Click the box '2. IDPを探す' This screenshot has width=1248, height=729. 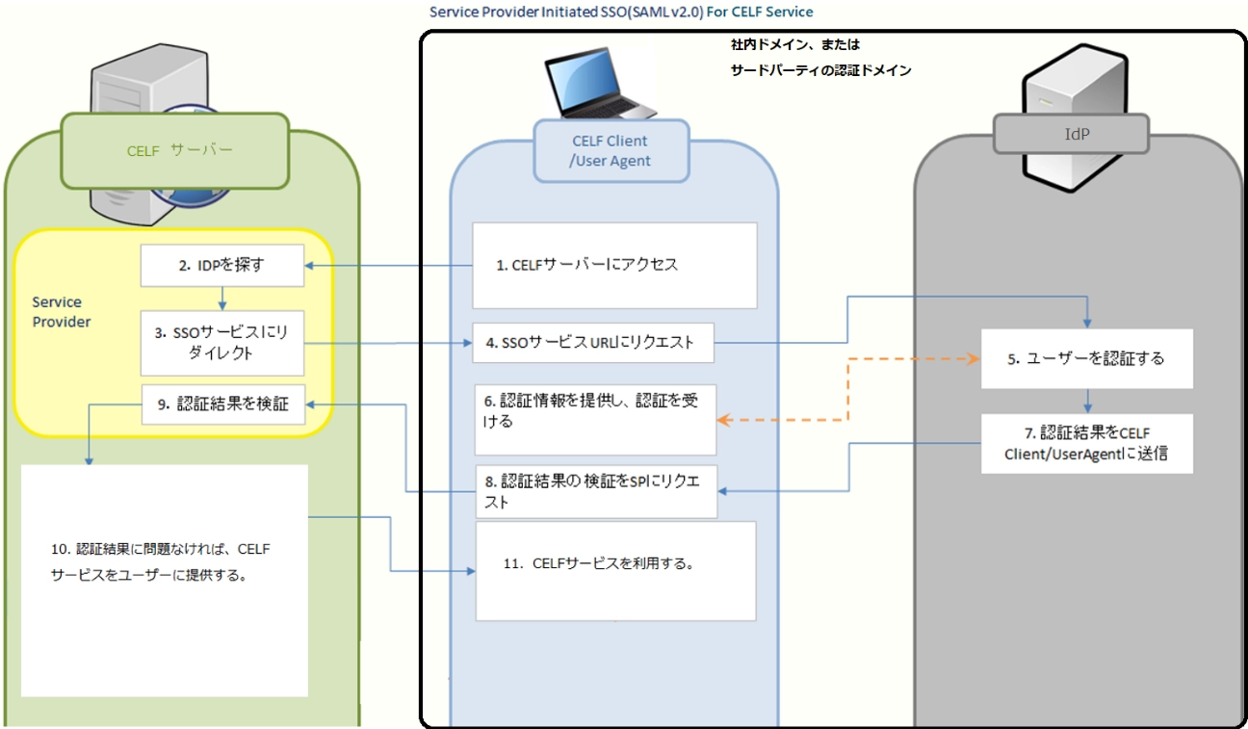pos(222,265)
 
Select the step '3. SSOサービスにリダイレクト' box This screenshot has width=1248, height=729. pos(222,343)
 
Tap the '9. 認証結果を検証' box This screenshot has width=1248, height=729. pos(222,404)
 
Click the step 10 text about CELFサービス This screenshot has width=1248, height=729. pos(161,562)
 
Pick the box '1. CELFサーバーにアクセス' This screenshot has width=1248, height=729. pos(587,265)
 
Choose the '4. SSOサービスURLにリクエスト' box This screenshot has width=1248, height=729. pos(593,343)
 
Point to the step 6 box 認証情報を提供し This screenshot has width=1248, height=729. pos(595,420)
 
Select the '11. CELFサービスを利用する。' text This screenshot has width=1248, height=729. pos(614,564)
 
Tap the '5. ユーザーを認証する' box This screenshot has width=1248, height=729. pos(1086,358)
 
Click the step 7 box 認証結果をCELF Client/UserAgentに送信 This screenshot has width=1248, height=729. pos(1086,443)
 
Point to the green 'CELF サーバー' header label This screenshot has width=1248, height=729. pos(175,150)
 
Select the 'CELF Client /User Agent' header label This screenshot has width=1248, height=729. pos(611,150)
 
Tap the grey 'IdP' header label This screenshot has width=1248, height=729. pos(1071,135)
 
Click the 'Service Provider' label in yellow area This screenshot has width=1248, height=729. pos(63,312)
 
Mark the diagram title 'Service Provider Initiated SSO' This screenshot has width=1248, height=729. pos(621,12)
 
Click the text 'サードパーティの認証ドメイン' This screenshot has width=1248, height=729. pos(820,70)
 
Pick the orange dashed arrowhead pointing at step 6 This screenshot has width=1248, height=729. pos(722,420)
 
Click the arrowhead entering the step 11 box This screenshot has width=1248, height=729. pos(472,572)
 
